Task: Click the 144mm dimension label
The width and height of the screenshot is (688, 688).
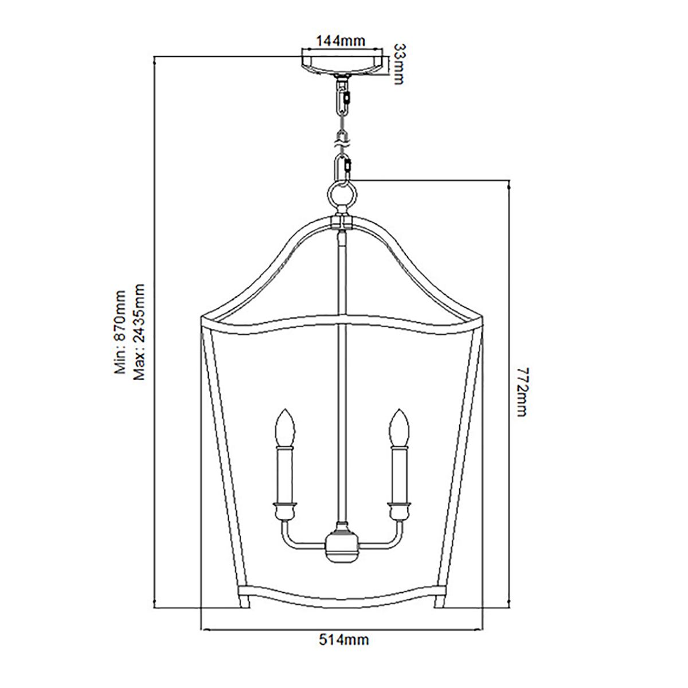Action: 342,41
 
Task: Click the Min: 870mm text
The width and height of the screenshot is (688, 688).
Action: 121,333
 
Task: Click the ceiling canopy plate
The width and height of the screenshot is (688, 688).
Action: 343,62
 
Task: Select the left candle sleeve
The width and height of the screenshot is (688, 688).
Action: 286,473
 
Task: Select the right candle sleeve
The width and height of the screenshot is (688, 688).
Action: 400,473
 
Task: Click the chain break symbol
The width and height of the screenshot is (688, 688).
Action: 343,138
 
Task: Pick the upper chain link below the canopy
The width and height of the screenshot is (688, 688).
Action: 343,100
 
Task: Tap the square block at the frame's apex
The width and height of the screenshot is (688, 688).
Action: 343,222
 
